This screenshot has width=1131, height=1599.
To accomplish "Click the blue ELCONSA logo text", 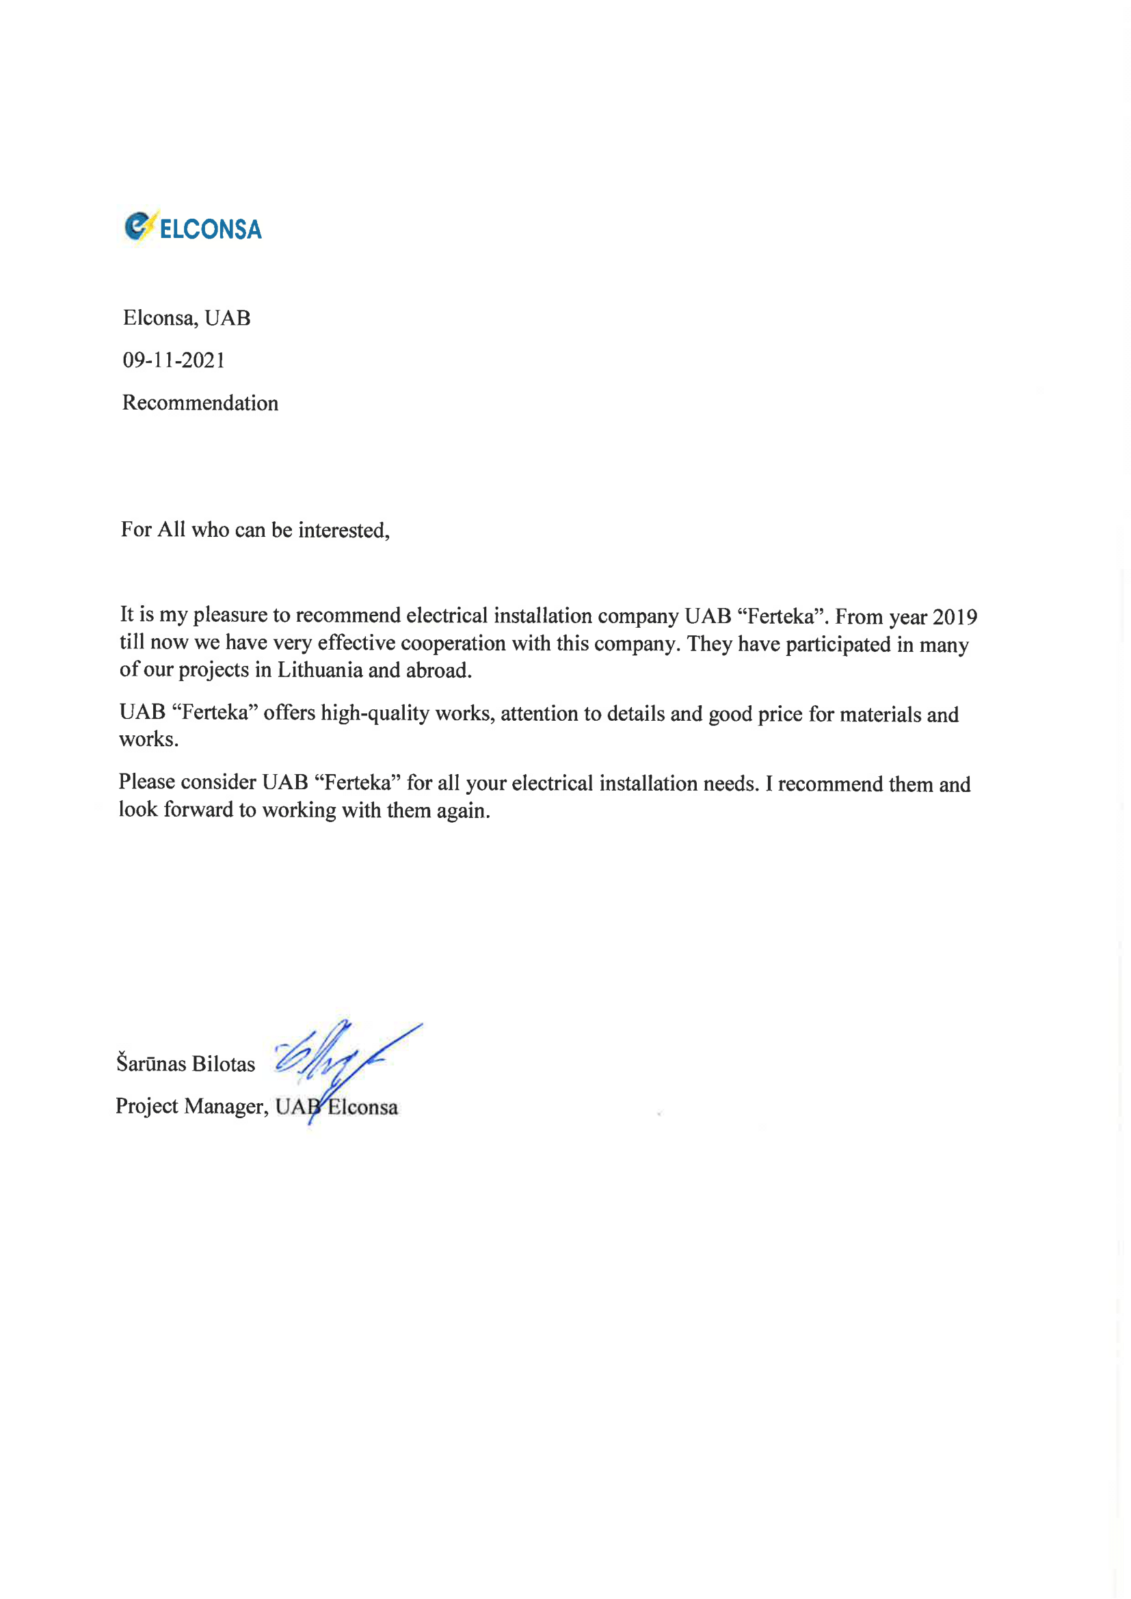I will [x=211, y=229].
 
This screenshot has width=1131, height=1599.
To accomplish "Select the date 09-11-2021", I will [x=174, y=360].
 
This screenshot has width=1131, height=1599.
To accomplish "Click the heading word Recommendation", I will [x=200, y=403].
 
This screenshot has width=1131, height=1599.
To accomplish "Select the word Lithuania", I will [x=319, y=670].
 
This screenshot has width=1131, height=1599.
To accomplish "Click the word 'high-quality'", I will [x=375, y=713].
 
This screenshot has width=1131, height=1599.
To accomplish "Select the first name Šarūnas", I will [x=150, y=1063].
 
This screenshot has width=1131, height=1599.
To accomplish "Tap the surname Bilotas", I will [x=223, y=1063].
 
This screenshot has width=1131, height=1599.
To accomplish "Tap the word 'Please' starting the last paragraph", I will [x=146, y=782].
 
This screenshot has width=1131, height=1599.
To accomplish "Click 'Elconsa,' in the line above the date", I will [x=160, y=318].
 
